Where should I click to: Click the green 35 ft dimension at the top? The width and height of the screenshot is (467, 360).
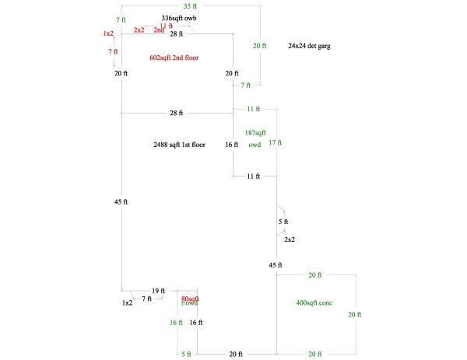(x=189, y=6)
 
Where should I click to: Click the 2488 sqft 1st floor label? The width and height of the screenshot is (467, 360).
(x=180, y=145)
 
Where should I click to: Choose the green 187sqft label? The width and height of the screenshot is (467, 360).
(x=255, y=133)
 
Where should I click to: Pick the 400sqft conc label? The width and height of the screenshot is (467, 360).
(x=314, y=302)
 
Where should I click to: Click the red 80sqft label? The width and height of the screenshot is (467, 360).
(x=190, y=299)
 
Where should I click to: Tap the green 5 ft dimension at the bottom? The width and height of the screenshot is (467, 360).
(x=186, y=355)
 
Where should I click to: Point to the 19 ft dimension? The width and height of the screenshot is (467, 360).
(x=158, y=291)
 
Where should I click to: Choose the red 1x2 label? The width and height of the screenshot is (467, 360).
(x=108, y=33)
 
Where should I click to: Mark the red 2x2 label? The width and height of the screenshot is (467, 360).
(x=139, y=30)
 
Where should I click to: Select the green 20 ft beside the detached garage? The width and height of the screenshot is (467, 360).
(x=260, y=46)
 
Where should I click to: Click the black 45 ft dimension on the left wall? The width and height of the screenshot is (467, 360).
(x=121, y=202)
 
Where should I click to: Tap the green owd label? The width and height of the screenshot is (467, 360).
(x=255, y=145)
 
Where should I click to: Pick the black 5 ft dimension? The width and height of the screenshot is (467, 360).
(x=283, y=222)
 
